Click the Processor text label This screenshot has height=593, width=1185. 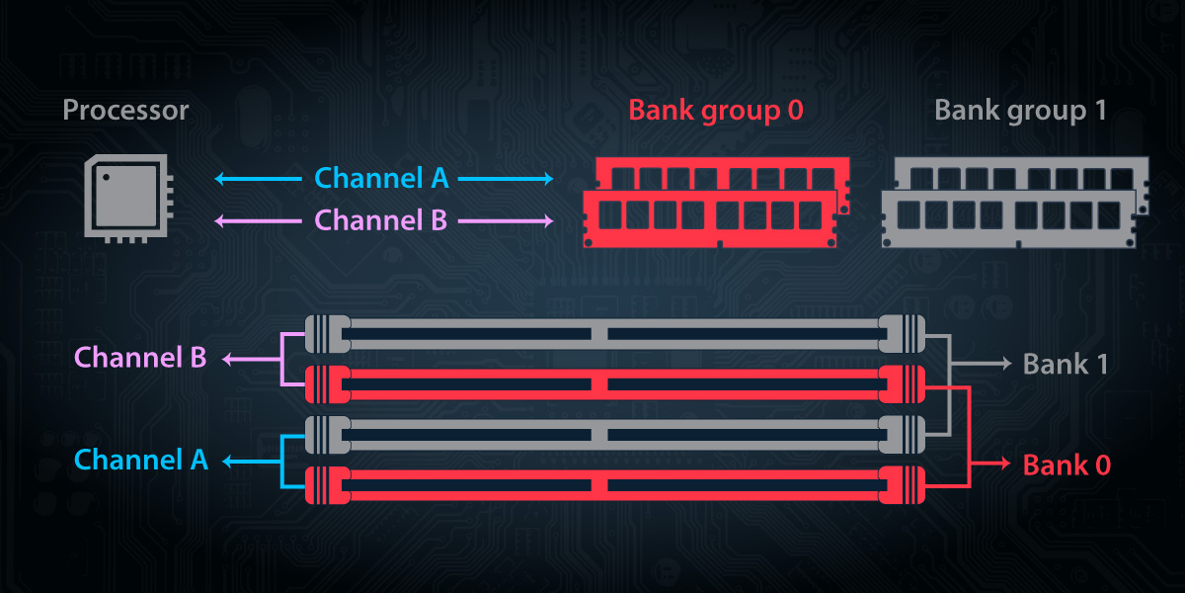[125, 110]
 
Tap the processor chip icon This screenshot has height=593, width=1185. [128, 199]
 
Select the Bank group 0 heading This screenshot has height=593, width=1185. [716, 110]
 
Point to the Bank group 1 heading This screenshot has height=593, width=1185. [1020, 110]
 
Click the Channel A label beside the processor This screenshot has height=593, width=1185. [381, 179]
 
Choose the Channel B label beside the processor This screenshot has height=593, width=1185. [381, 220]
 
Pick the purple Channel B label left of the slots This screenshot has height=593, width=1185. [140, 358]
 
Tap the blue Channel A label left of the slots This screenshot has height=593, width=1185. [141, 460]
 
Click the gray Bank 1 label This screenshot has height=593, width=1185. [1065, 364]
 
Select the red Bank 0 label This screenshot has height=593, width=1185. [1065, 464]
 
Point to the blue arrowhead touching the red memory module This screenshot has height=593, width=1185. [549, 179]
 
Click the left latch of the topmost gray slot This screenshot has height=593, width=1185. [324, 334]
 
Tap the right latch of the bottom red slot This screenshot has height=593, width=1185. [901, 485]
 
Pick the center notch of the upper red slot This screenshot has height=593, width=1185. [599, 383]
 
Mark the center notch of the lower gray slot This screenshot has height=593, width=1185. [599, 434]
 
